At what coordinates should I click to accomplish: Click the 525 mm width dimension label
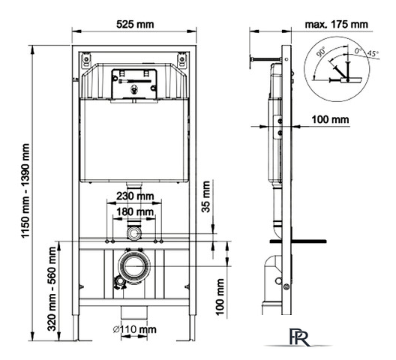tap(136, 24)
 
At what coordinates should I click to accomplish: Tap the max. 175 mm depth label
tap(337, 24)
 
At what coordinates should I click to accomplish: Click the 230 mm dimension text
tap(136, 196)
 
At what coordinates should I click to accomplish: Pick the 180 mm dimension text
tap(136, 212)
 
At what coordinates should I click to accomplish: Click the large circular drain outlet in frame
tap(134, 266)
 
